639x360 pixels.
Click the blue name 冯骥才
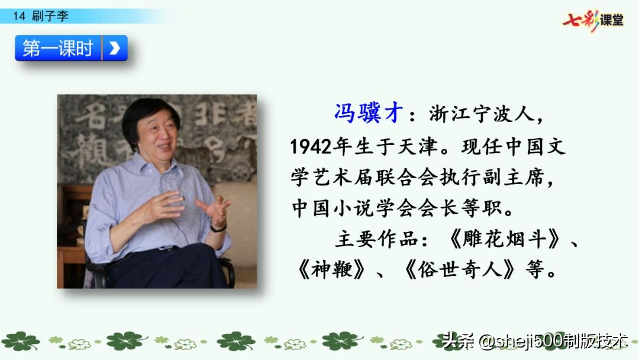pos(369,112)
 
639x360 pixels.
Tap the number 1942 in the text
pos(311,146)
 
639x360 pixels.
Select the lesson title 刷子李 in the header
pos(50,16)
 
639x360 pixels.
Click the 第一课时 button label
pos(58,48)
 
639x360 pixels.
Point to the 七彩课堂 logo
pos(593,20)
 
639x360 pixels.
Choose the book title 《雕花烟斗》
pos(504,239)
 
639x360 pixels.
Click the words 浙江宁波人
pos(482,114)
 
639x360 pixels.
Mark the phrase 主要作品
pos(376,239)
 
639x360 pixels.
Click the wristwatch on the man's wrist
pos(218,227)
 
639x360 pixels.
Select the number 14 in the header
pos(19,17)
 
